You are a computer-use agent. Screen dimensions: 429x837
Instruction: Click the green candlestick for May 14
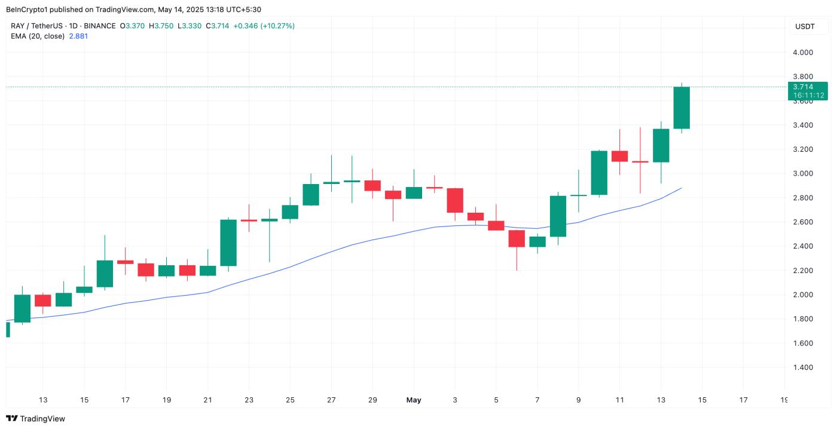pyautogui.click(x=682, y=108)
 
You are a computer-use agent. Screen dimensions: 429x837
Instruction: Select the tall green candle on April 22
pyautogui.click(x=228, y=243)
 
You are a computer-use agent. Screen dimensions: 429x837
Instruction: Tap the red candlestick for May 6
pyautogui.click(x=517, y=238)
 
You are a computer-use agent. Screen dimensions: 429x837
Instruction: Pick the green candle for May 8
pyautogui.click(x=558, y=216)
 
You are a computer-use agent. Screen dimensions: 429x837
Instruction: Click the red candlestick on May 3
pyautogui.click(x=455, y=200)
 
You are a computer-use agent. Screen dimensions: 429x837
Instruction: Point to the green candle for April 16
pyautogui.click(x=105, y=274)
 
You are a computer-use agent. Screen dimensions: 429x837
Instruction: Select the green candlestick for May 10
pyautogui.click(x=599, y=173)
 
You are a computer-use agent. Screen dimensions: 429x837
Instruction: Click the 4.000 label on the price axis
pyautogui.click(x=802, y=53)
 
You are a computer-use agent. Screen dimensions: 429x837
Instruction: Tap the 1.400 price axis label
pyautogui.click(x=802, y=367)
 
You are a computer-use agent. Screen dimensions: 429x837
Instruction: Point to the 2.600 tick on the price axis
pyautogui.click(x=802, y=222)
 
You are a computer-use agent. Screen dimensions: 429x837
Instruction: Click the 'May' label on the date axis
pyautogui.click(x=414, y=400)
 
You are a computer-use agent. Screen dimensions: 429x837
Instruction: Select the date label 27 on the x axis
pyautogui.click(x=331, y=400)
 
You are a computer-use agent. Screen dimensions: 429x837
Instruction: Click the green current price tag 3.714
pyautogui.click(x=807, y=87)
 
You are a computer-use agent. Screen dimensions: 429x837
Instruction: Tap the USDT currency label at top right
pyautogui.click(x=804, y=26)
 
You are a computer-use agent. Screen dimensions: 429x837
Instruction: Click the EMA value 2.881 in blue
pyautogui.click(x=78, y=36)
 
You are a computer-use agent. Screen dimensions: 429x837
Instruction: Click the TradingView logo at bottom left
pyautogui.click(x=36, y=419)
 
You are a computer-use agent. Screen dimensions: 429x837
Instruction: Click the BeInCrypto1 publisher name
pyautogui.click(x=29, y=10)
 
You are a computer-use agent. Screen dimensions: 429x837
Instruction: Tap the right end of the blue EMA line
pyautogui.click(x=682, y=188)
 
